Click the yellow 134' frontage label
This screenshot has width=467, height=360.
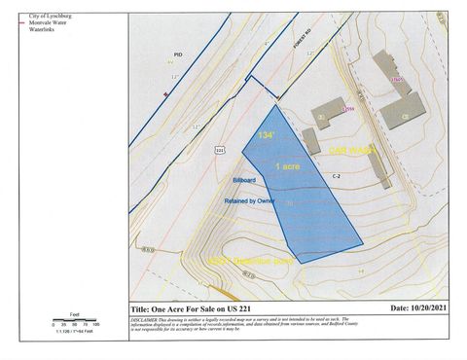click(265, 134)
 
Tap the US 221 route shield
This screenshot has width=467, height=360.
click(220, 151)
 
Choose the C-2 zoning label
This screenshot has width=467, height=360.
click(336, 176)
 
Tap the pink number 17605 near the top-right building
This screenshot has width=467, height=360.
click(395, 80)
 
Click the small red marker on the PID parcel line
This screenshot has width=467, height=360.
click(165, 94)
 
